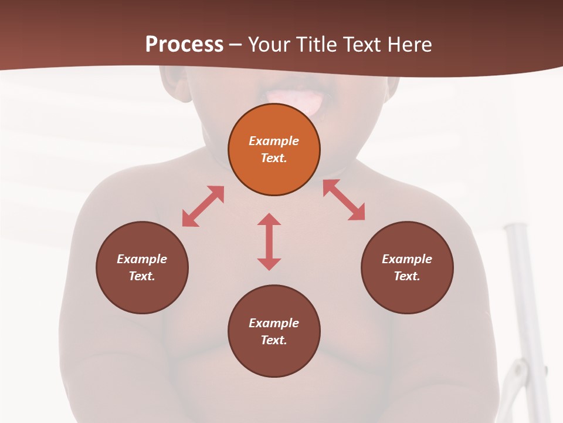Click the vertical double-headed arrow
point(269,241)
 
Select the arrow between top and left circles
point(203,206)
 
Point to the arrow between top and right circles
point(344,200)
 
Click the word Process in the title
point(184,44)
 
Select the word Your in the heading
point(269,44)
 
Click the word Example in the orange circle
point(274,141)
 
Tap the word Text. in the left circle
point(142,276)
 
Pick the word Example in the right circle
point(407,259)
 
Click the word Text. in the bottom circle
point(274,340)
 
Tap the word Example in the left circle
point(142,259)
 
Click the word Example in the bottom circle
point(274,323)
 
